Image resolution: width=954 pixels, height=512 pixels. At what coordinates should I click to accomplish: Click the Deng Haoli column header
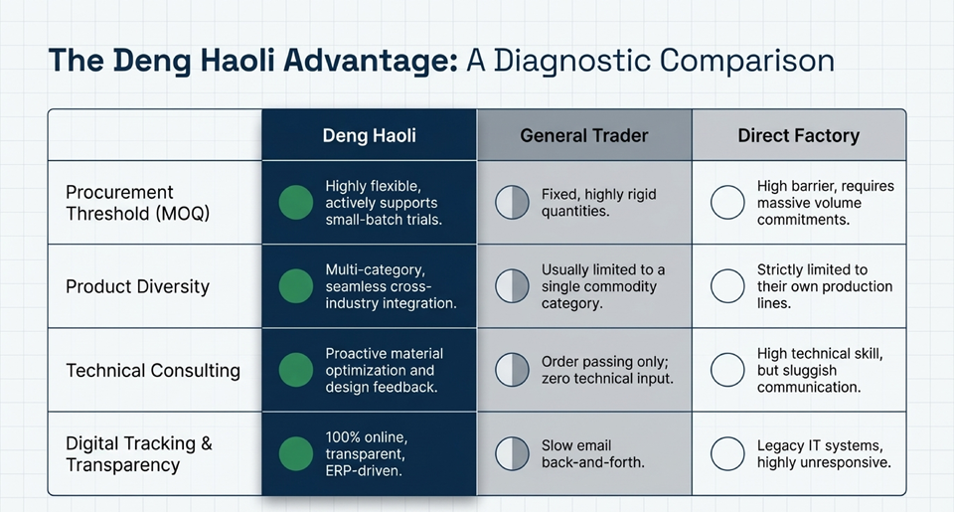point(370,135)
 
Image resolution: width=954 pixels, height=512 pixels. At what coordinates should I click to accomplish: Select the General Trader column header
point(584,135)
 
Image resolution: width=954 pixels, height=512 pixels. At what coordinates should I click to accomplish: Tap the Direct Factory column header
point(799,135)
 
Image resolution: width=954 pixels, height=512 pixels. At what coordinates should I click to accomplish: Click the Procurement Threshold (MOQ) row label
point(137,203)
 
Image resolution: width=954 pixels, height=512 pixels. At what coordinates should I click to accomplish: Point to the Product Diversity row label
point(137,286)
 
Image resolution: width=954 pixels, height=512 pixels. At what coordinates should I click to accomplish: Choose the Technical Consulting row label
point(153,370)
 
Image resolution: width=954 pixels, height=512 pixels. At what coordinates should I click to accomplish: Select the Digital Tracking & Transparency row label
point(139,454)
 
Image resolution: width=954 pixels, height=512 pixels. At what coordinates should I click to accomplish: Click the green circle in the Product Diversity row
point(296,286)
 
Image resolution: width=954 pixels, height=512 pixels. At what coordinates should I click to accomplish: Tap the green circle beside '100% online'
point(296,453)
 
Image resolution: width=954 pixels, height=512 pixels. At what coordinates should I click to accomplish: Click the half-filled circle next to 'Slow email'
point(513,453)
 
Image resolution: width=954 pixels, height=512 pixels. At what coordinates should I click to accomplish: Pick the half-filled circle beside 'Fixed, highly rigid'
point(513,202)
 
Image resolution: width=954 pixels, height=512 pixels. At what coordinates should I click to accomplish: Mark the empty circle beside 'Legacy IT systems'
point(727,453)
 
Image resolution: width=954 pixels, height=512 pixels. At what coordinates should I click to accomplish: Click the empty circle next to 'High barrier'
point(727,202)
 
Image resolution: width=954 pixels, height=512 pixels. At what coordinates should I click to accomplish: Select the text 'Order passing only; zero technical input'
point(607,370)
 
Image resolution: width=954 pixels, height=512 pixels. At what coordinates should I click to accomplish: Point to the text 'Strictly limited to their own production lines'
point(825,286)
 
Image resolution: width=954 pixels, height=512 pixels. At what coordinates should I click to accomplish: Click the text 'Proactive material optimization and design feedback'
point(384,370)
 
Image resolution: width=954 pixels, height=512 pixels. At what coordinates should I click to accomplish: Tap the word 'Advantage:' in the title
point(370,61)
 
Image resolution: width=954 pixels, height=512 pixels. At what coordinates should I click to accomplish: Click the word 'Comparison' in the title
point(746,61)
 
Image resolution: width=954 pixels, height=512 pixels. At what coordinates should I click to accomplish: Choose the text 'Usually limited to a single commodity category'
point(602,286)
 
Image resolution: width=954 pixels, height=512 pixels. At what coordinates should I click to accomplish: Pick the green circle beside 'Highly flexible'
point(296,202)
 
